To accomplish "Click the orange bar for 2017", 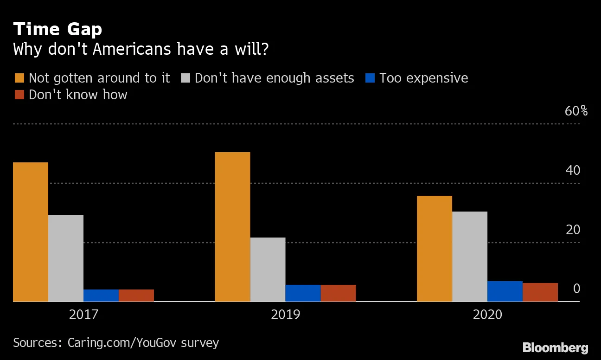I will [x=31, y=232].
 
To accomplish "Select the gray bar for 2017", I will [x=66, y=258].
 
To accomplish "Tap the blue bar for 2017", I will [x=101, y=296].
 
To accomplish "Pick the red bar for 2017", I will [x=136, y=296].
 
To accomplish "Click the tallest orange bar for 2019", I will [x=232, y=227].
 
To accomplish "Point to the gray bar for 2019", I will [x=268, y=270].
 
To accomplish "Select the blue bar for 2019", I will [x=303, y=293].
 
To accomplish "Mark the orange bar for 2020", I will [x=435, y=249].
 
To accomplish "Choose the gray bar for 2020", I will [x=470, y=257].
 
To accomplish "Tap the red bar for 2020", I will [x=540, y=292].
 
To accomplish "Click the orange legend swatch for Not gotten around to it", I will [x=19, y=78].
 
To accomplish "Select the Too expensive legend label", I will [x=423, y=78].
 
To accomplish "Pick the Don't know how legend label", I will [x=78, y=95].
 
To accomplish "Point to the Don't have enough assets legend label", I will [x=274, y=78].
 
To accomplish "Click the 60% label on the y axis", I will [x=576, y=111].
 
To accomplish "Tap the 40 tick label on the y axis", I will [x=573, y=171].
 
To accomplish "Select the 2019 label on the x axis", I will [x=285, y=315].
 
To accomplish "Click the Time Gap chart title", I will [x=58, y=30].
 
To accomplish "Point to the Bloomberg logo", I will [x=555, y=348].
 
